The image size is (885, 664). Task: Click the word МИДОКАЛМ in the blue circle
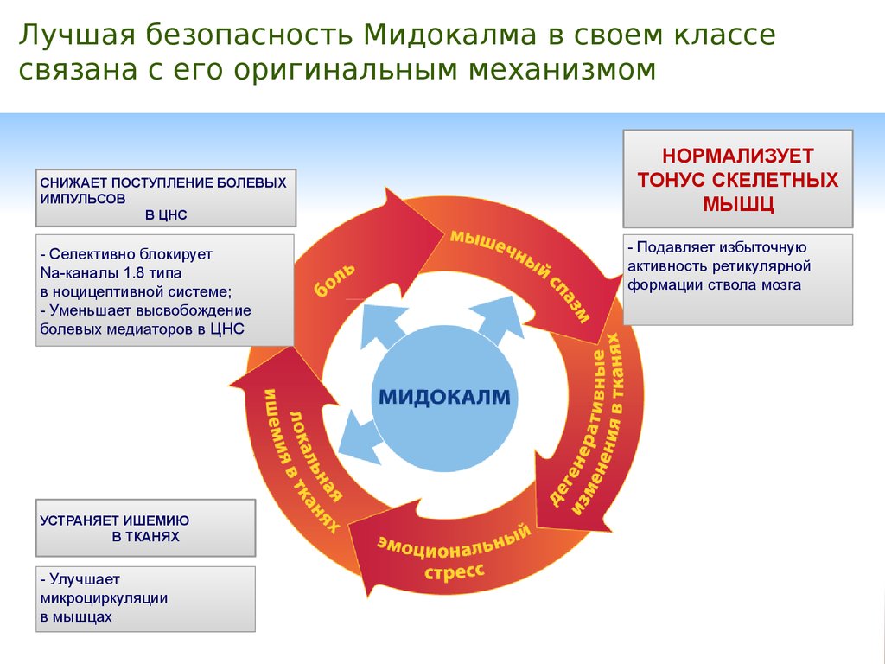[x=445, y=398]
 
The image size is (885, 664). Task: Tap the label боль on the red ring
[x=328, y=279]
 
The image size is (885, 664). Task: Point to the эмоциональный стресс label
[x=454, y=557]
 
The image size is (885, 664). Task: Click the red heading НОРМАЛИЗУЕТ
[x=738, y=156]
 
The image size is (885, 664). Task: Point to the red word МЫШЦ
[x=738, y=203]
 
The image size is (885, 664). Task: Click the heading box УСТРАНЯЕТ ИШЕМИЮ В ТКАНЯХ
[x=145, y=528]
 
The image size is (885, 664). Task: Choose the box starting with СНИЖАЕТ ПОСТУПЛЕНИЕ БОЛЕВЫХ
[x=165, y=198]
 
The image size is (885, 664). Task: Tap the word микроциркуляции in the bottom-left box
[x=104, y=597]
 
